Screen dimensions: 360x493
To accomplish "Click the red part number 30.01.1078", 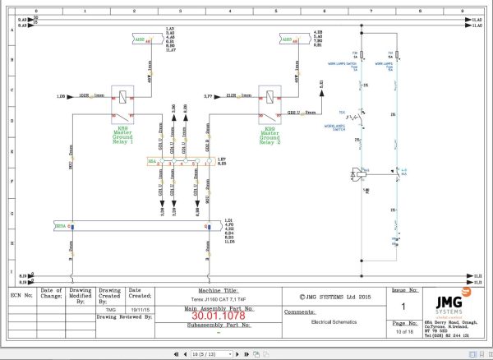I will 218,315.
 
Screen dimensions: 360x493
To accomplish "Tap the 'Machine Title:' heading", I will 218,289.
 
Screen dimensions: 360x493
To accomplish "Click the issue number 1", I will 403,307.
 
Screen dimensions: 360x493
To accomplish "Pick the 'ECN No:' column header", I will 21,290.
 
